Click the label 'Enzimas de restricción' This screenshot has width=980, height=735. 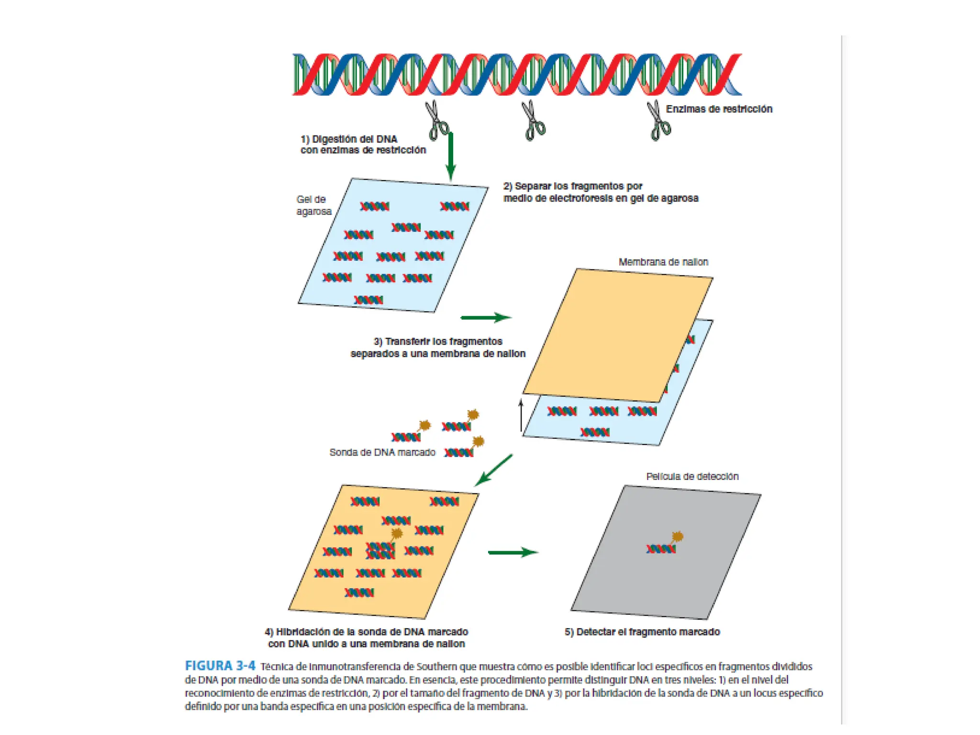pyautogui.click(x=719, y=109)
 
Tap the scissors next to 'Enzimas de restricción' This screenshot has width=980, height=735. pyautogui.click(x=659, y=121)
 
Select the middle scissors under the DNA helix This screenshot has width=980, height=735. pyautogui.click(x=533, y=120)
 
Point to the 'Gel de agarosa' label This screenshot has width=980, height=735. pyautogui.click(x=313, y=205)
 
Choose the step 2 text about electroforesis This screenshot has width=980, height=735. pyautogui.click(x=600, y=192)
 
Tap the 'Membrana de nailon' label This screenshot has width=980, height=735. pyautogui.click(x=663, y=262)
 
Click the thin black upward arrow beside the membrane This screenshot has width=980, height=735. pyautogui.click(x=521, y=415)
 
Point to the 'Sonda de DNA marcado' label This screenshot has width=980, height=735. pyautogui.click(x=382, y=452)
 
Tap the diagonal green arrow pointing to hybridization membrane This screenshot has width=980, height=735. pyautogui.click(x=494, y=470)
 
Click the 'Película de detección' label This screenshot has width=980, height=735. pyautogui.click(x=692, y=476)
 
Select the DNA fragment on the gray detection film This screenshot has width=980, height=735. pyautogui.click(x=661, y=548)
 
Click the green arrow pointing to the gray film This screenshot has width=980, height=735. pyautogui.click(x=512, y=552)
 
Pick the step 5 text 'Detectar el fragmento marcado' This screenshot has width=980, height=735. pyautogui.click(x=642, y=632)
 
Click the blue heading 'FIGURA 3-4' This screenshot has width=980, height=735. pyautogui.click(x=220, y=666)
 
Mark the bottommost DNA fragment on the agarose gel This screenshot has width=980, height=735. pyautogui.click(x=368, y=300)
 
